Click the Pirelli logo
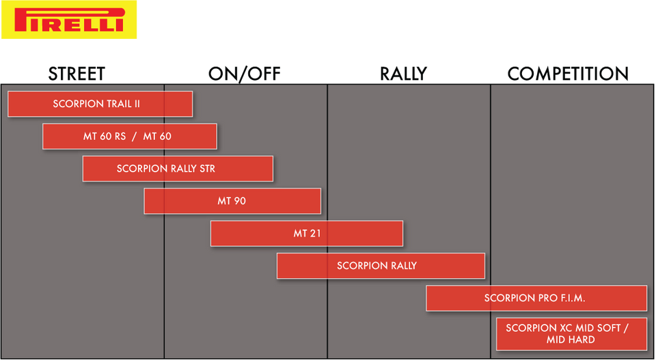[69, 20]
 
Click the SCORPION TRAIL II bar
[100, 104]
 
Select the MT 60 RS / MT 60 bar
[129, 136]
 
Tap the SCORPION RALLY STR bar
[178, 169]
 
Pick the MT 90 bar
[232, 201]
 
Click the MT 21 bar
[307, 234]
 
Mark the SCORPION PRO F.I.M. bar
[536, 298]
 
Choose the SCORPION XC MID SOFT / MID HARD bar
[571, 333]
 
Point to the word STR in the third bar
[206, 169]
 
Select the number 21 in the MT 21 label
[315, 234]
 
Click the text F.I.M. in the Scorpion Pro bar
[571, 298]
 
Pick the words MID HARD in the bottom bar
[571, 340]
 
